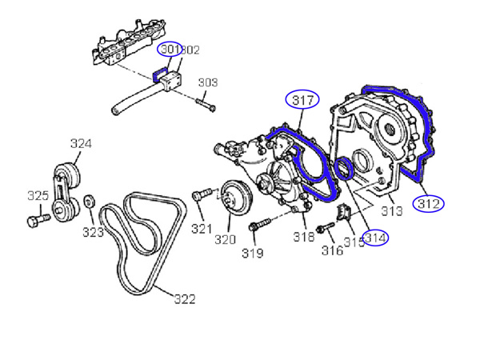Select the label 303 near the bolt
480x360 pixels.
click(x=208, y=82)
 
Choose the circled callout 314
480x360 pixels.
click(x=374, y=238)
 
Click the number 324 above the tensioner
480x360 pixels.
click(x=81, y=144)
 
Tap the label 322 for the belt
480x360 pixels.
click(x=184, y=299)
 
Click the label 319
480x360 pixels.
click(x=253, y=254)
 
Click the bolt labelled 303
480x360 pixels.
click(x=206, y=102)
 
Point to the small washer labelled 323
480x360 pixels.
click(x=90, y=198)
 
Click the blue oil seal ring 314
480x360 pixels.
click(x=346, y=170)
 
